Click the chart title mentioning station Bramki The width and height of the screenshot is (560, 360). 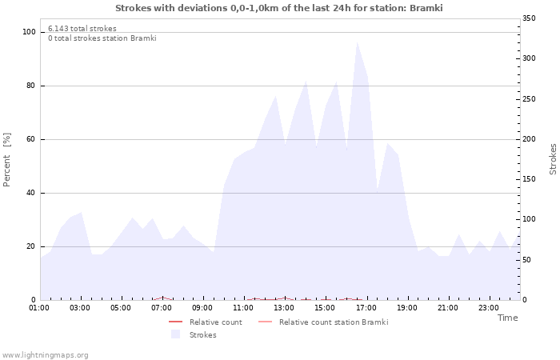click(x=278, y=8)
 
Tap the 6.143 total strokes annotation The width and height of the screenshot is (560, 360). click(x=82, y=29)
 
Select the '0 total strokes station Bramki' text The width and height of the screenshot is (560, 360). click(x=102, y=38)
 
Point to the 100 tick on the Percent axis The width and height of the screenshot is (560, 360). click(x=29, y=32)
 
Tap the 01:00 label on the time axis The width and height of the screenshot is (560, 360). click(x=40, y=307)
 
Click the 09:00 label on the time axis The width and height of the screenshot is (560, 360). click(x=203, y=307)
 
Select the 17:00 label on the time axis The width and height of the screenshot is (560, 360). click(x=366, y=307)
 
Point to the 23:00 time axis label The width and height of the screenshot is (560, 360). click(x=489, y=307)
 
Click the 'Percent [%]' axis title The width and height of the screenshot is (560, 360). click(x=7, y=159)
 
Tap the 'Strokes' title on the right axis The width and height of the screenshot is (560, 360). click(x=553, y=159)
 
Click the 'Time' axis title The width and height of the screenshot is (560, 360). click(x=507, y=318)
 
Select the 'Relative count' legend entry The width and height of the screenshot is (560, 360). click(x=215, y=322)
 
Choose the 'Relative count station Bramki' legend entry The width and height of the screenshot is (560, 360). click(x=333, y=322)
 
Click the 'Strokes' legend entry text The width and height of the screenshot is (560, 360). click(x=202, y=334)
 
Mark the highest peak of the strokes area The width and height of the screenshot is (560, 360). click(x=357, y=42)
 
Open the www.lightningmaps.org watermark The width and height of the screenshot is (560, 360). click(x=45, y=354)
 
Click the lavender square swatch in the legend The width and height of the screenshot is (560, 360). click(x=175, y=334)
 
